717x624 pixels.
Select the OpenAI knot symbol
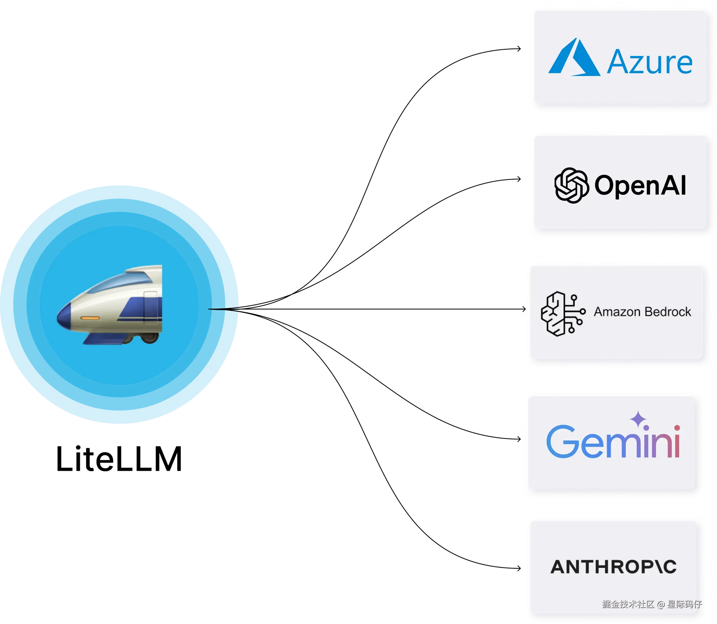571,185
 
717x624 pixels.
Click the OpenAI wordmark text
640,185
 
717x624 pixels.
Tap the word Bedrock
668,312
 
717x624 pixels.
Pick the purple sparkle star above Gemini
638,419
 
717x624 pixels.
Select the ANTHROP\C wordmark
613,567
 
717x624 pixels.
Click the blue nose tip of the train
64,318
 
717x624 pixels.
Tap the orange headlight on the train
90,318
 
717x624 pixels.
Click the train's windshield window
119,283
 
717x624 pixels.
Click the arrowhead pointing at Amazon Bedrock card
524,309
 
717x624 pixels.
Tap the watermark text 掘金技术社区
628,604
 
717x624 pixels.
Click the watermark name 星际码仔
684,604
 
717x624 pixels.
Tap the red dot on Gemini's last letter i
677,428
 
